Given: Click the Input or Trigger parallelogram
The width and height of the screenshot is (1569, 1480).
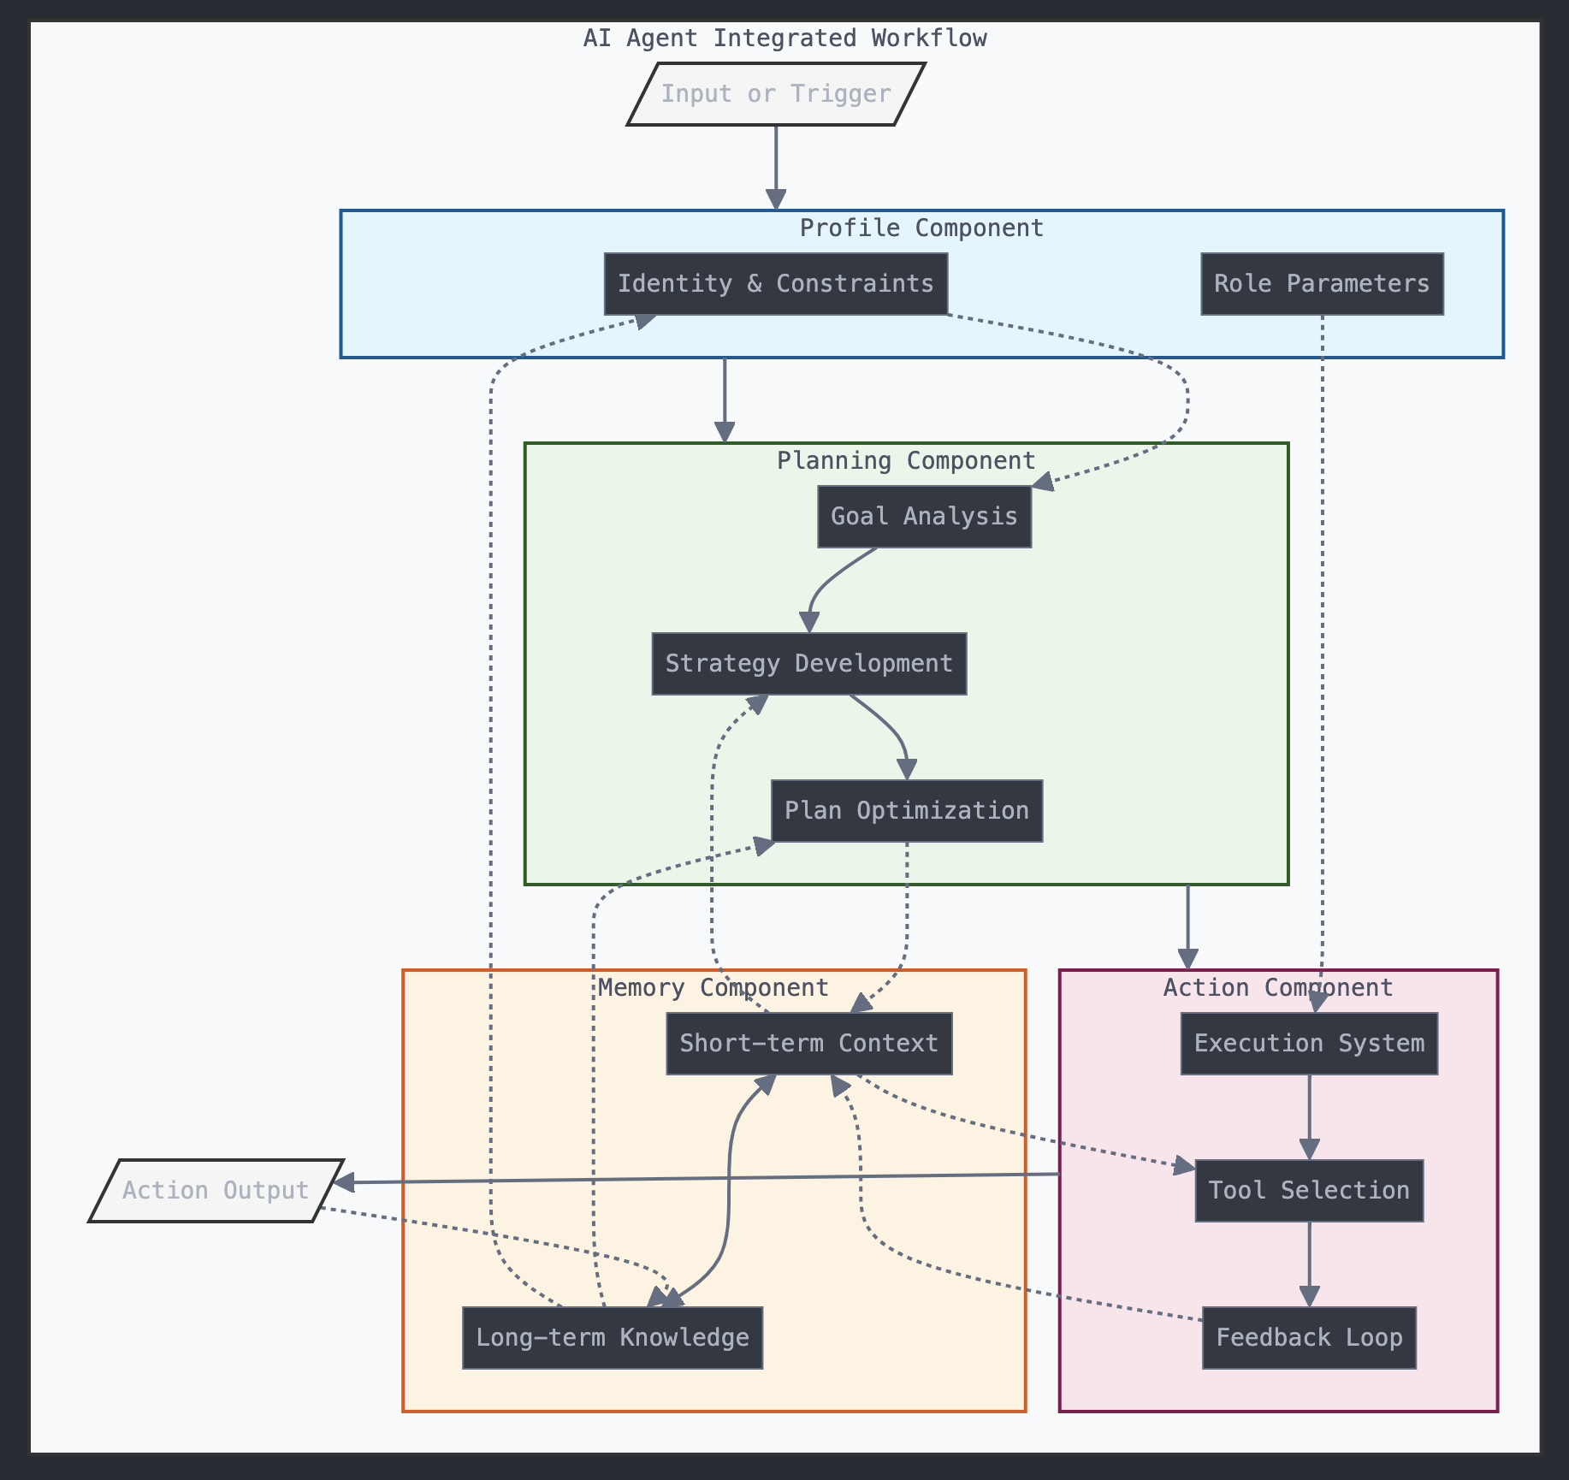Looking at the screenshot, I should click(776, 94).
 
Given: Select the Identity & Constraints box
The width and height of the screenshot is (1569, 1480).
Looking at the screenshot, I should click(775, 283).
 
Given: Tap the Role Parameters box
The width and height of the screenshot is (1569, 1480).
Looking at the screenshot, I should click(1322, 283).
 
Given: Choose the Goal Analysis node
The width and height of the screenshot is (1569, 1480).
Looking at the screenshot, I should click(924, 517).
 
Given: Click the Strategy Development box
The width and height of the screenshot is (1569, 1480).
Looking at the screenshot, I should click(808, 664).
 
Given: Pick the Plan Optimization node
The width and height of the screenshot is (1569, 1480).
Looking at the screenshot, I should click(906, 811).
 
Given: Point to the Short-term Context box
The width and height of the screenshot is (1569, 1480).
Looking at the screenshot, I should click(808, 1044).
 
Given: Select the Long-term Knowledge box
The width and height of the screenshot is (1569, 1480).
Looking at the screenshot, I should click(612, 1338).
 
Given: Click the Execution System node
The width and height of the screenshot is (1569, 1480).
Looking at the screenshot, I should click(1309, 1044).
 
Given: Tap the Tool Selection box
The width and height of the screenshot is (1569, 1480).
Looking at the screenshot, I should click(1309, 1191).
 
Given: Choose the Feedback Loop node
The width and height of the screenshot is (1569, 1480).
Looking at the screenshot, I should click(1309, 1338).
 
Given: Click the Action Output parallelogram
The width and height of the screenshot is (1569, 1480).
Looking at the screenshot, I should click(216, 1191).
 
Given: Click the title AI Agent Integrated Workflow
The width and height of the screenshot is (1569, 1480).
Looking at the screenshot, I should click(784, 38).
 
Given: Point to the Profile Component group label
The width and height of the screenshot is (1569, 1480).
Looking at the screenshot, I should click(921, 228).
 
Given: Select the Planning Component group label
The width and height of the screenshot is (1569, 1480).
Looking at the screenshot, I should click(906, 461).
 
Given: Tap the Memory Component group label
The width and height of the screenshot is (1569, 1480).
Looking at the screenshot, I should click(713, 988).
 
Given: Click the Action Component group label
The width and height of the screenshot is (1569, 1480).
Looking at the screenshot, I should click(1278, 988).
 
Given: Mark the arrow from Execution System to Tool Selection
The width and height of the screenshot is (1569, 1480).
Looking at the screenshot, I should click(1309, 1116).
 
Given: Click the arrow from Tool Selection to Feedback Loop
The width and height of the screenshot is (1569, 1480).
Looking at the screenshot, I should click(1309, 1264).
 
